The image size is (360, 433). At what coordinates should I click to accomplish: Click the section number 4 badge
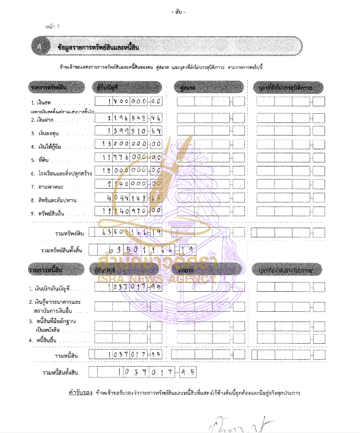[x=39, y=47]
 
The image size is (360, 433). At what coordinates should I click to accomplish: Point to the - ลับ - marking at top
[x=179, y=12]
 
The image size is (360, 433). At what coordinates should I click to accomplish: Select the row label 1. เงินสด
[x=41, y=102]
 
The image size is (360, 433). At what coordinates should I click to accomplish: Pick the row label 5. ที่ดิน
[x=39, y=157]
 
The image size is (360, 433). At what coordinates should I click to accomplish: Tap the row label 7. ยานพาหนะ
[x=46, y=186]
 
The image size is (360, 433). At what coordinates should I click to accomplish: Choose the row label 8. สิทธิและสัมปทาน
[x=54, y=200]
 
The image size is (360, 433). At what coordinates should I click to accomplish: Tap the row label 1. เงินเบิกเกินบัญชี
[x=52, y=289]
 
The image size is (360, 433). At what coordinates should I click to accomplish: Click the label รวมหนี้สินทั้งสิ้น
[x=68, y=373]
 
